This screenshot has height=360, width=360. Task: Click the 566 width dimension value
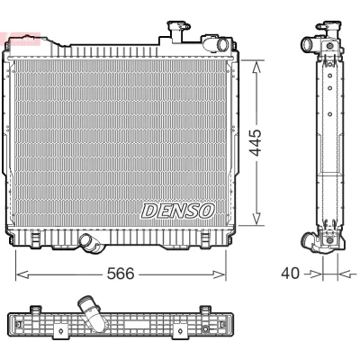[121, 274]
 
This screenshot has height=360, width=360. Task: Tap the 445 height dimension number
[256, 143]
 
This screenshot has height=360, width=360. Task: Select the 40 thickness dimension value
[290, 274]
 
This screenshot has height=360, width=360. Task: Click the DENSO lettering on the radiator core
[178, 211]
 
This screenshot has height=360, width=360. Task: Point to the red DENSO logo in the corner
[20, 39]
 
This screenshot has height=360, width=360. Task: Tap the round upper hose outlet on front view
[222, 44]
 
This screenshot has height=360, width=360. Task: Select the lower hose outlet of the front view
[89, 242]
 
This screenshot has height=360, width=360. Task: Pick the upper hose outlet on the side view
[307, 45]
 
